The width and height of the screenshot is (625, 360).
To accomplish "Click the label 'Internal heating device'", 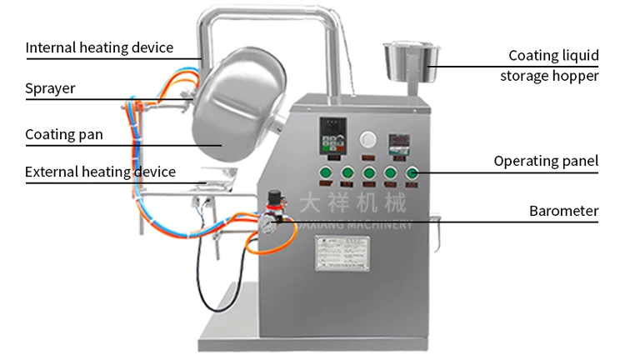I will click(99, 47).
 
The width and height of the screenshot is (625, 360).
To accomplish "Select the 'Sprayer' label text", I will click(50, 88).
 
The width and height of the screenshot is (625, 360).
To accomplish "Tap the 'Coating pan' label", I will click(64, 134).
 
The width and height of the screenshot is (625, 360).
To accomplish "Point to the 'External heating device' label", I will click(100, 172).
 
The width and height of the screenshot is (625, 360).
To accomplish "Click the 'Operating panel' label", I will click(546, 161).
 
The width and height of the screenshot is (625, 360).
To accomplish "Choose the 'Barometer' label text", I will click(563, 211).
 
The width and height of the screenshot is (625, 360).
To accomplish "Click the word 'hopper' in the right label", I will click(577, 76).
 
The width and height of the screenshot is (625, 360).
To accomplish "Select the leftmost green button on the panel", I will click(326, 173).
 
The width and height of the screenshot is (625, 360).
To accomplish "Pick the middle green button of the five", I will click(368, 173).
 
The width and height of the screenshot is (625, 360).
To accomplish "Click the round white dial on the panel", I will click(368, 139).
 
